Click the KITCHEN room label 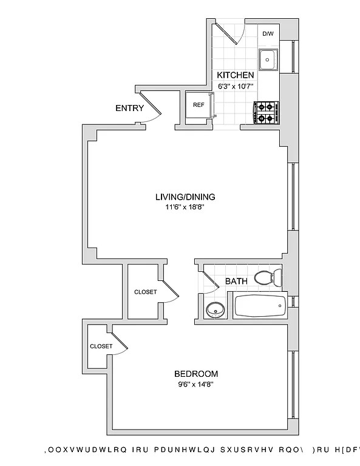[235, 75]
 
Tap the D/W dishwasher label [267, 35]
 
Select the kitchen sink [267, 59]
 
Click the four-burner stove [265, 112]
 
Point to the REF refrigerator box [199, 105]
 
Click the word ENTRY [129, 109]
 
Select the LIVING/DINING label [185, 197]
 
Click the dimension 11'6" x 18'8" [185, 208]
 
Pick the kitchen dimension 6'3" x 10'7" [235, 86]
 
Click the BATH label [236, 282]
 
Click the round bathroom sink [214, 310]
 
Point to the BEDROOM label [195, 374]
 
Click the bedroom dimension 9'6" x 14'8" [195, 384]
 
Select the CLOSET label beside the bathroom [145, 292]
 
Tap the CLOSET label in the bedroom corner [101, 346]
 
